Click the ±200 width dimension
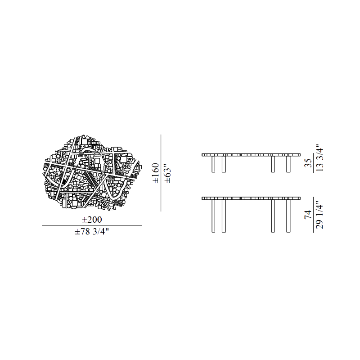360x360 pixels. [92, 220]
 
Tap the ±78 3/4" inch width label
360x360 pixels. [91, 232]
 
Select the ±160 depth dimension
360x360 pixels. [156, 173]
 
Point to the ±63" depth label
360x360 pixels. [168, 175]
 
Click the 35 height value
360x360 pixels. [308, 163]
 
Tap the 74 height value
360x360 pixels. [308, 215]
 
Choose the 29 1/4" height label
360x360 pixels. [320, 215]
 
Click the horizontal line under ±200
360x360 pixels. [92, 225]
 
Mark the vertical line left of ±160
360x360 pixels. [161, 173]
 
